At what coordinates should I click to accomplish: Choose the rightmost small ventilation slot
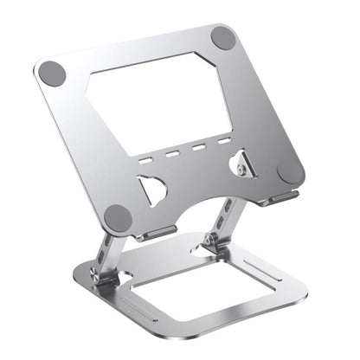[x=224, y=140]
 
